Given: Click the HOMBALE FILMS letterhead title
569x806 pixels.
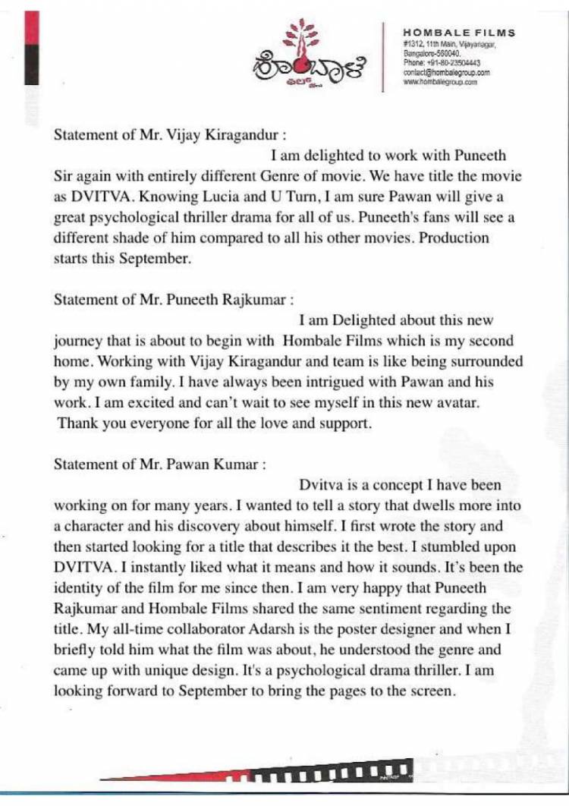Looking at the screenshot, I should coord(459,33).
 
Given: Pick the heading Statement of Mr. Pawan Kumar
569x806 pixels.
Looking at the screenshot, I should coord(160,464).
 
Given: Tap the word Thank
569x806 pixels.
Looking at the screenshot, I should coord(77,424).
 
